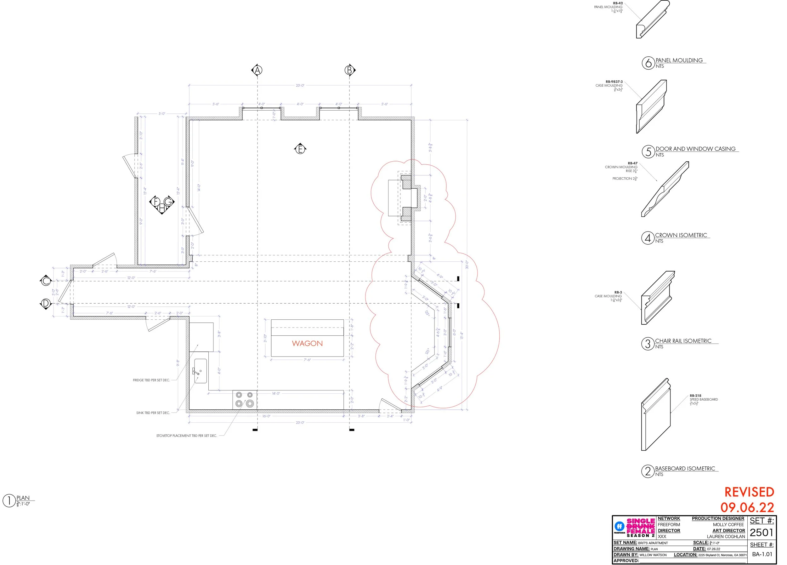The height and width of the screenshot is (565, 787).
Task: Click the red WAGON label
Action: pos(307,343)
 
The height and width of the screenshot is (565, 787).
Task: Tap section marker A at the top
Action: pos(257,70)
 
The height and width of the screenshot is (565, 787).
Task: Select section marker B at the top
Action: pos(349,70)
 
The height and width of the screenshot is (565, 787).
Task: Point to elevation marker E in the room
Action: pos(300,149)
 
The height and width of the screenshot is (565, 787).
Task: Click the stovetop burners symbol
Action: pos(244,399)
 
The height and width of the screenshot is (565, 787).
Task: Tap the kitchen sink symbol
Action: pos(200,371)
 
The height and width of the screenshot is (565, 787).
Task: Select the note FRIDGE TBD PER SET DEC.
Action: pos(151,380)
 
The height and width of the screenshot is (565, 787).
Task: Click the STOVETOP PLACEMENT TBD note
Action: pos(187,436)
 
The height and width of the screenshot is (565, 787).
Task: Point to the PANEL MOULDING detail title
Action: pos(679,60)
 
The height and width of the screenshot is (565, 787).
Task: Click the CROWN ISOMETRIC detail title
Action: pos(681,235)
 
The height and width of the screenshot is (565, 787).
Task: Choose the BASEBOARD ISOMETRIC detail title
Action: pos(685,469)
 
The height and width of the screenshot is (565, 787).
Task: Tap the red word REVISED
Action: pos(749,492)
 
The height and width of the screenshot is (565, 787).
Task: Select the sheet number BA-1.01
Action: pos(762,554)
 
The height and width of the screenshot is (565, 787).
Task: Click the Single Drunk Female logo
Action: pos(640,528)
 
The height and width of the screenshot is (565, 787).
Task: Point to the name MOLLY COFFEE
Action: pos(728,525)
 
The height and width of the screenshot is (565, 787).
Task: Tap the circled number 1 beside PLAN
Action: pos(9,501)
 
